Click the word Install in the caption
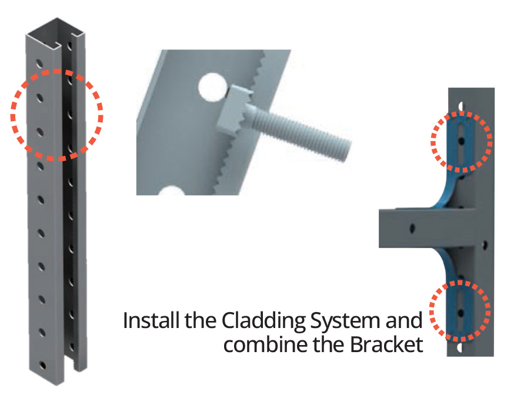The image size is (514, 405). (x=147, y=322)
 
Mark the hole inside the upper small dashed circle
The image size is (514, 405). (x=463, y=142)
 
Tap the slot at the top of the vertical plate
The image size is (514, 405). (x=462, y=104)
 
